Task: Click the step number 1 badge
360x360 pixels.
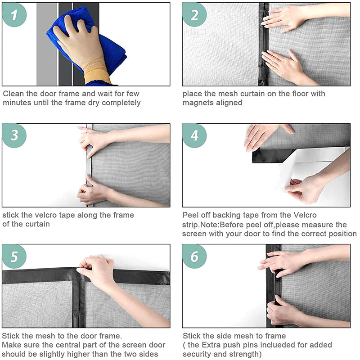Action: pos(14,15)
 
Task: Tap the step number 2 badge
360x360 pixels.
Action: pos(194,15)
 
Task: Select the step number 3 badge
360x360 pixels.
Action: pos(14,135)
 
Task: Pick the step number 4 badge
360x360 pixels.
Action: pos(194,135)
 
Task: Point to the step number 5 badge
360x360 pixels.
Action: pos(14,256)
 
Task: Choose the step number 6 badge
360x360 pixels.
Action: pos(194,256)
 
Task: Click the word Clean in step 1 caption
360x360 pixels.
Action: pos(13,94)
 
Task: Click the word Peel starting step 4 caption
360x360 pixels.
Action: pos(191,215)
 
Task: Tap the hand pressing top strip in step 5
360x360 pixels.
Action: pos(97,270)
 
